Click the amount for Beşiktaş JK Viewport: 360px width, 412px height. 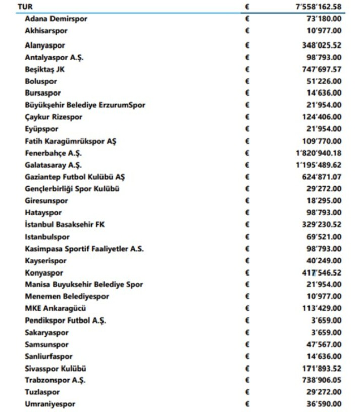click(319, 69)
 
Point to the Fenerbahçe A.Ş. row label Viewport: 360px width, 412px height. click(53, 153)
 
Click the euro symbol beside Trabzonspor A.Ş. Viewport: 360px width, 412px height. click(247, 380)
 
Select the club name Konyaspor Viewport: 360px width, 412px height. click(44, 272)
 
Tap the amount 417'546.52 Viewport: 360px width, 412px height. click(319, 272)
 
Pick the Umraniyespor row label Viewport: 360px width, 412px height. click(50, 404)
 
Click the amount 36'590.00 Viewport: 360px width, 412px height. click(322, 404)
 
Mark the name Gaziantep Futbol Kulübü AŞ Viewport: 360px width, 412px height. click(75, 177)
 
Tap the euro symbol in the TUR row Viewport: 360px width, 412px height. click(247, 7)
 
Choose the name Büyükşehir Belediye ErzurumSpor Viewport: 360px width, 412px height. click(85, 105)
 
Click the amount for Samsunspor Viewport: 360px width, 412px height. click(322, 344)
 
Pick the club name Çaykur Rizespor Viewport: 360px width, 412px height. click(54, 117)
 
